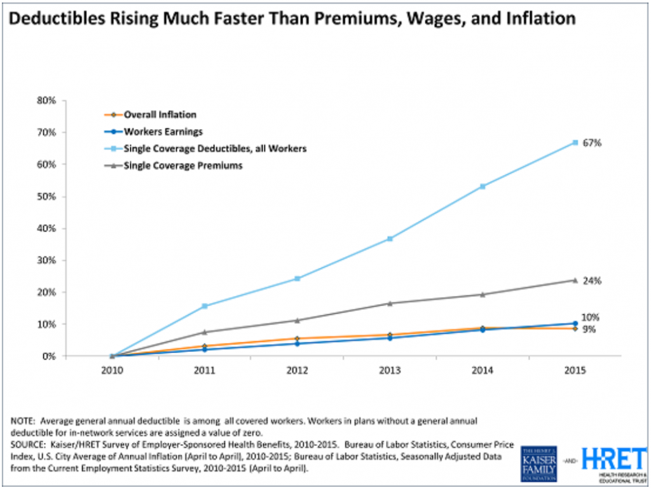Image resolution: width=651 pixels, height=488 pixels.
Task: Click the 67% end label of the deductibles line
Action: click(592, 143)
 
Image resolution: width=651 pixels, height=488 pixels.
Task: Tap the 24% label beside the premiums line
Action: click(592, 281)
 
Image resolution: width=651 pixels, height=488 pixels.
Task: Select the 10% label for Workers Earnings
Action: click(591, 317)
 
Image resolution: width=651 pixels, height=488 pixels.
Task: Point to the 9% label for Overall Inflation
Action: click(589, 329)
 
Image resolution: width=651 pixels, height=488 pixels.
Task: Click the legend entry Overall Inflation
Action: click(160, 115)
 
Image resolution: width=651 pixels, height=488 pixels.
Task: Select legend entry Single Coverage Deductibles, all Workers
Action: click(206, 148)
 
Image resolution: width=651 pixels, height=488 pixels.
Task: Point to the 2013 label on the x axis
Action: click(390, 370)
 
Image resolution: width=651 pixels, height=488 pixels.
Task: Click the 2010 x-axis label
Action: click(112, 370)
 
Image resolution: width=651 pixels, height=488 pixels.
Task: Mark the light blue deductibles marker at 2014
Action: click(483, 186)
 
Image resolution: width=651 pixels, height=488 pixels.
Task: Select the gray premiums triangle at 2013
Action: click(390, 303)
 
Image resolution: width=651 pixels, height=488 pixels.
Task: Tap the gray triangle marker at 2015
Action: click(575, 280)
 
